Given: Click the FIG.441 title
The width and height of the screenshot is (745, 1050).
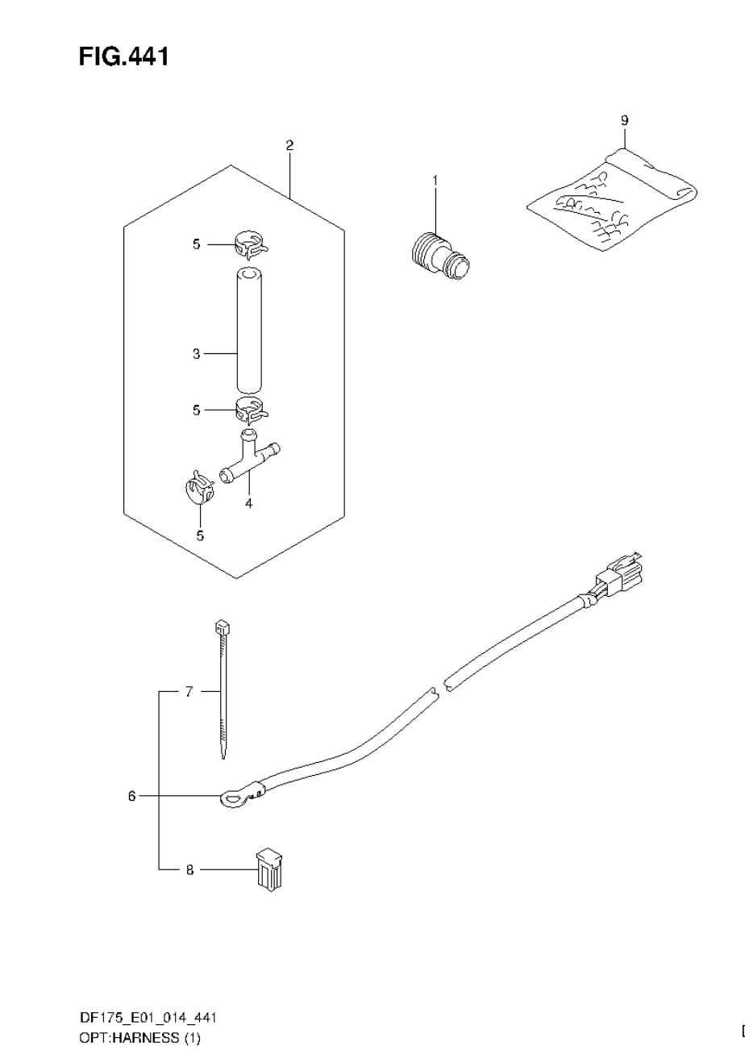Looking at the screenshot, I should click(x=123, y=56).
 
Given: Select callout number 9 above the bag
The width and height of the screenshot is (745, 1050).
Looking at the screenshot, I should click(x=624, y=120).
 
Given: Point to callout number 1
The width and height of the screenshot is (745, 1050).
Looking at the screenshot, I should click(x=435, y=181).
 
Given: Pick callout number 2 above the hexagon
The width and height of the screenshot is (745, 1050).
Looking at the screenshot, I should click(x=289, y=145).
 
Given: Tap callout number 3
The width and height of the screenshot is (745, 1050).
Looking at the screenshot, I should click(x=196, y=353).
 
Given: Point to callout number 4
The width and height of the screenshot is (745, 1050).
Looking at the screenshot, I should click(x=249, y=503).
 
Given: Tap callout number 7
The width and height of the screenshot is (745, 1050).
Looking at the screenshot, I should click(x=189, y=691).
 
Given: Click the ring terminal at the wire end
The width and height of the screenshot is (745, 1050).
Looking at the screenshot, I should click(x=232, y=798).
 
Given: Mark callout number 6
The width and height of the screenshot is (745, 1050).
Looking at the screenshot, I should click(x=131, y=796).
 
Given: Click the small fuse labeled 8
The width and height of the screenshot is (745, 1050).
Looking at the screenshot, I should click(x=268, y=869).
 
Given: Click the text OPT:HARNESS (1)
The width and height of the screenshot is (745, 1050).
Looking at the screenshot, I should click(x=139, y=1038).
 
